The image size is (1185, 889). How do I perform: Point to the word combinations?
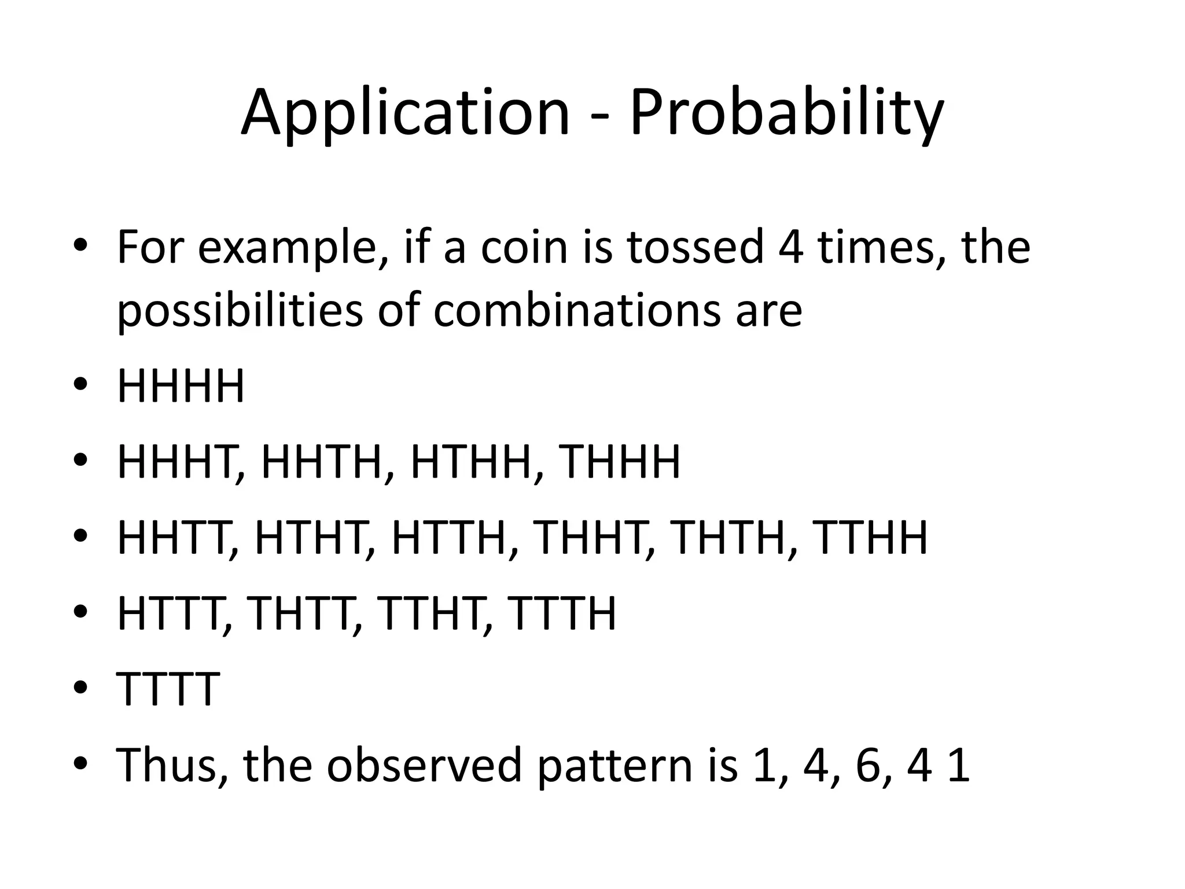tap(579, 311)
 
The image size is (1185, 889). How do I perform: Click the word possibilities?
tap(240, 311)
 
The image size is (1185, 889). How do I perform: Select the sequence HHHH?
tap(181, 387)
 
